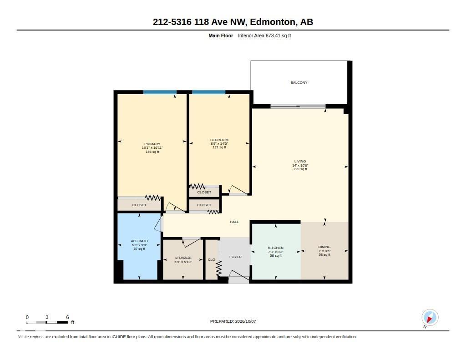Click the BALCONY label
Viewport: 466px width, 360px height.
[299, 82]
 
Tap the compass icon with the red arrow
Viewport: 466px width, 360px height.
[430, 318]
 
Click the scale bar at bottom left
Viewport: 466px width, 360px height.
[47, 322]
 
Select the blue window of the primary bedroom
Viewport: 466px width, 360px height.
[160, 92]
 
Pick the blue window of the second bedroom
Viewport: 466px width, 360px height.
[208, 92]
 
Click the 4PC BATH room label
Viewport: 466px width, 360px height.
[139, 241]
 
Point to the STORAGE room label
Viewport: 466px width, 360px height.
[183, 258]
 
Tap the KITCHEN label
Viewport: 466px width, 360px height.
[275, 248]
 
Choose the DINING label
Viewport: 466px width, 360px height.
[324, 247]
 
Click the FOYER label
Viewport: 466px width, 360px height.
[235, 257]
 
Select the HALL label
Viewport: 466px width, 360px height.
[234, 222]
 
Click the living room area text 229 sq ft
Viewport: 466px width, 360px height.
[300, 169]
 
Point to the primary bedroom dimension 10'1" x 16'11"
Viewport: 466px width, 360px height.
[152, 148]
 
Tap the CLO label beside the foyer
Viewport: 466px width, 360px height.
[212, 259]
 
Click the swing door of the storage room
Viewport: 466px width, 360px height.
[192, 242]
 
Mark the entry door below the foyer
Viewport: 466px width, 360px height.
[239, 275]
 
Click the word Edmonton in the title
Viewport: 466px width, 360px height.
[273, 22]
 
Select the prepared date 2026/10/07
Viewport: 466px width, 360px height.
[245, 321]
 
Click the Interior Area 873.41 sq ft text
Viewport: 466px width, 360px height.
[264, 35]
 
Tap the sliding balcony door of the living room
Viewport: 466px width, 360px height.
[298, 106]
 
